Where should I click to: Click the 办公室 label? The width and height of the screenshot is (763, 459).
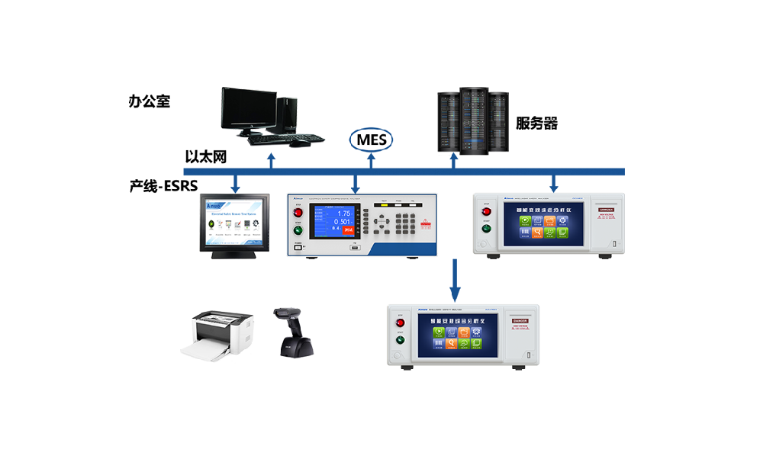[x=150, y=101]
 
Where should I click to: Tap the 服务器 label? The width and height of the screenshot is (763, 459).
[x=536, y=124]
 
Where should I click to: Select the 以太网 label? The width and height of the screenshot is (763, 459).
[x=206, y=157]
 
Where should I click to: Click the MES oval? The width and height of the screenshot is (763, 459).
[x=372, y=140]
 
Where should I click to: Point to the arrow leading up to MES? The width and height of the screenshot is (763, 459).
[x=372, y=159]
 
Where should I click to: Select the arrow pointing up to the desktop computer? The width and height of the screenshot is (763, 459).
[x=271, y=159]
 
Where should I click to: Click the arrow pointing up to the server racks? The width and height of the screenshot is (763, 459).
[x=454, y=159]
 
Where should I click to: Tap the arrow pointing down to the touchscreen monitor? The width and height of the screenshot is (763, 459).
[x=236, y=183]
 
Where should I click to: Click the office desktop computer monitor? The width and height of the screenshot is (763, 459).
[x=249, y=109]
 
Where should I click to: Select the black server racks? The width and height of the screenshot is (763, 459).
[x=473, y=122]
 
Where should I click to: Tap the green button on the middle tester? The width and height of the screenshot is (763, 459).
[x=298, y=230]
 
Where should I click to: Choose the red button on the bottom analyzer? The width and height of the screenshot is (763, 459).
[x=400, y=323]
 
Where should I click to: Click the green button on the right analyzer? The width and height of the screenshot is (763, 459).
[x=485, y=227]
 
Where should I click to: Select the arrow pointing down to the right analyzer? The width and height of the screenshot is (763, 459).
[x=554, y=183]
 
